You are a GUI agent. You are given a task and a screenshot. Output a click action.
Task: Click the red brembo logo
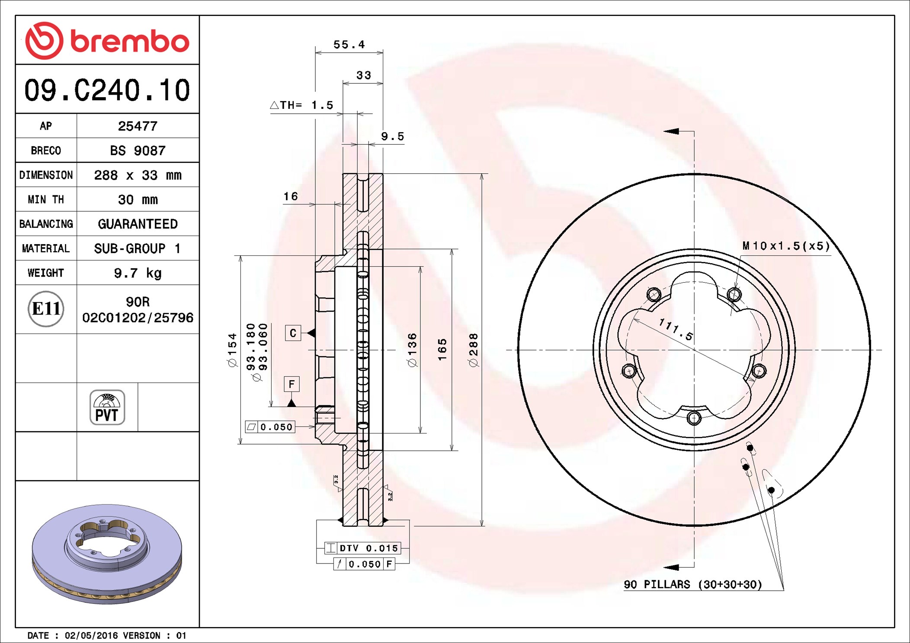pos(107,41)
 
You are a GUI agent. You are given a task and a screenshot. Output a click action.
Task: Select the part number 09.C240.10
pos(107,90)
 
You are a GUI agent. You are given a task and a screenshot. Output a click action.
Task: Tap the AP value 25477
pos(138,126)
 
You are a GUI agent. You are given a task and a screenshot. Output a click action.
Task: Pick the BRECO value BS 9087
pos(138,150)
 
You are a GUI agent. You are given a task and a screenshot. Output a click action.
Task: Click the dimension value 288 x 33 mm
pos(138,175)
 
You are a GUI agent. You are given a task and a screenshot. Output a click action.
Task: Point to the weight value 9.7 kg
pos(138,273)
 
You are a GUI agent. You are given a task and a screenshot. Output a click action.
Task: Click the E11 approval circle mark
pos(46,309)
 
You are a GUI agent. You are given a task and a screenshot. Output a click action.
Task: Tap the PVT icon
pos(107,407)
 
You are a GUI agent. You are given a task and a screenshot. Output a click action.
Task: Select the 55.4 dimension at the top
pos(349,45)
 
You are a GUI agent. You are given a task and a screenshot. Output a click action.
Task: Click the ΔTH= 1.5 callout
pos(301,105)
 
